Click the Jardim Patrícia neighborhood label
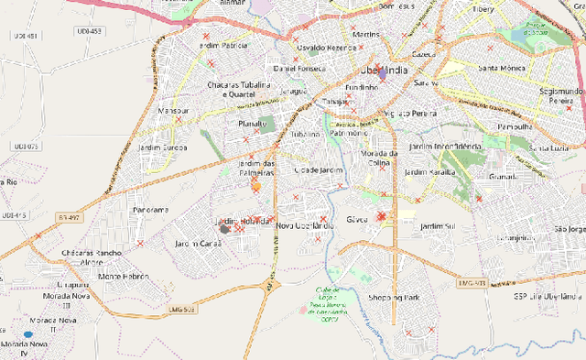(222, 45)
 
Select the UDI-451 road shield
(26, 36)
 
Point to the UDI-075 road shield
(26, 146)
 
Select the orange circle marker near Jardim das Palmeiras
(255, 186)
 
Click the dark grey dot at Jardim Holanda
(224, 229)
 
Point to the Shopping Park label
(393, 298)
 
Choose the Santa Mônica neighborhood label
(500, 68)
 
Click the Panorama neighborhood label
(150, 210)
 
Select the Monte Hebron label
(123, 276)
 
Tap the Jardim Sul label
(437, 225)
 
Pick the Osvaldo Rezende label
(321, 47)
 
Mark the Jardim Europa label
(163, 147)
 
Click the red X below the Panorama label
(140, 244)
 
